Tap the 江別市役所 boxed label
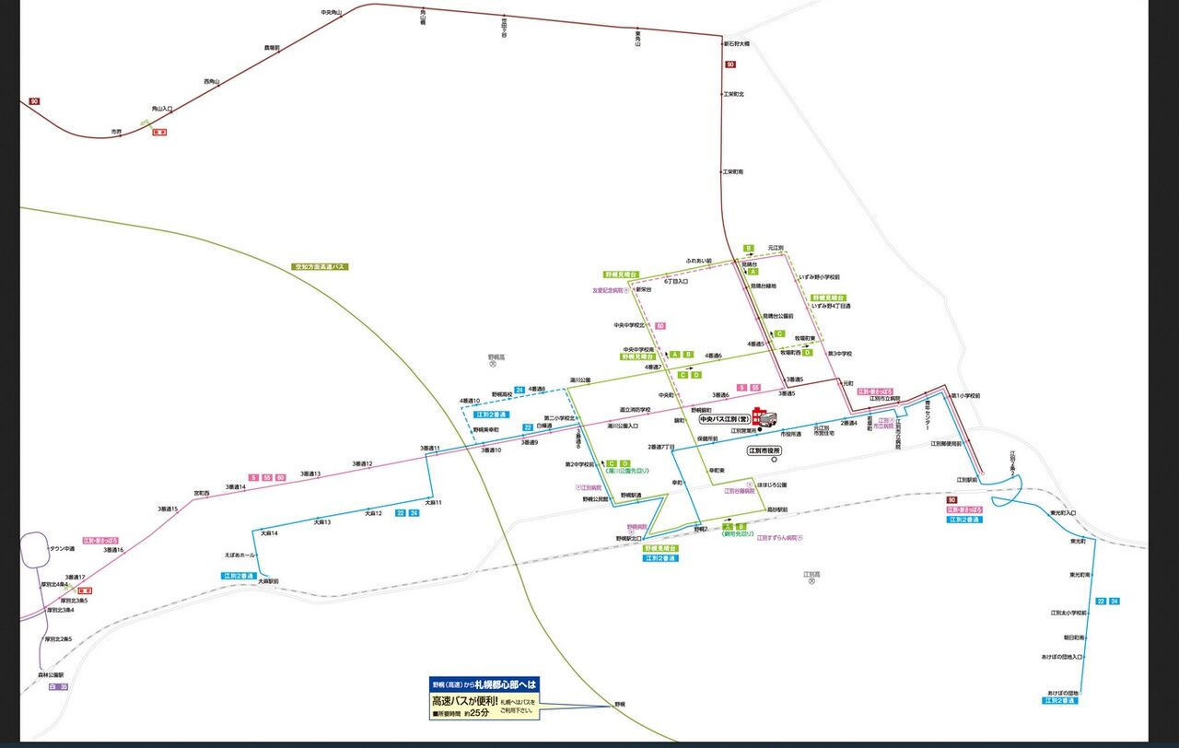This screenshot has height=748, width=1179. [764, 450]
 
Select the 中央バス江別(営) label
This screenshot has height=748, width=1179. [726, 418]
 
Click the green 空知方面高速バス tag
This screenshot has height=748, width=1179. [319, 266]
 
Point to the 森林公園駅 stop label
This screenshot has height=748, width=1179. [53, 674]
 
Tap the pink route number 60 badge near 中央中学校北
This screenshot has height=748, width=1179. [660, 326]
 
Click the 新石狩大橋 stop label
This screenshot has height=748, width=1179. [736, 43]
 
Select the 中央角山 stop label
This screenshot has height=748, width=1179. [331, 12]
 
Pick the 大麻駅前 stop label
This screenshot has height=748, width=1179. [268, 581]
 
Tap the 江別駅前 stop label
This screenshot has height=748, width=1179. [965, 480]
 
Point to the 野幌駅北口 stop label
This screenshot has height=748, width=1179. [629, 538]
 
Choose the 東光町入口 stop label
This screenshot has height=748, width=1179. [1063, 513]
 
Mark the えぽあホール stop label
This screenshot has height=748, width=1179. [240, 555]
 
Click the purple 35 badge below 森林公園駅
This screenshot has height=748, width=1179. [63, 687]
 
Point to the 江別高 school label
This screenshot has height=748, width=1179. [811, 574]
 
